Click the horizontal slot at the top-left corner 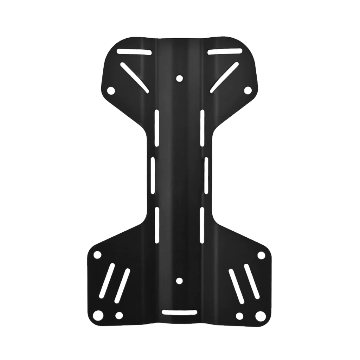coord(135,52)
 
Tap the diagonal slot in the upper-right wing coord(225,78)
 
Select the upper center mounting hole coord(179,78)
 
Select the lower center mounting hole coord(179,281)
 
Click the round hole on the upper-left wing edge coord(111,90)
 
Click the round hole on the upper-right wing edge coord(248,90)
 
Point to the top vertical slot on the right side coord(202,127)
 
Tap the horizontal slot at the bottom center coord(179,312)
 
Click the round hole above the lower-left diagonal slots coord(98,254)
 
